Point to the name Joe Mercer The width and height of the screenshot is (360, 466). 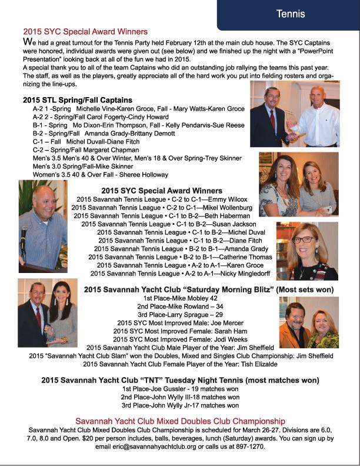[x=208, y=323]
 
